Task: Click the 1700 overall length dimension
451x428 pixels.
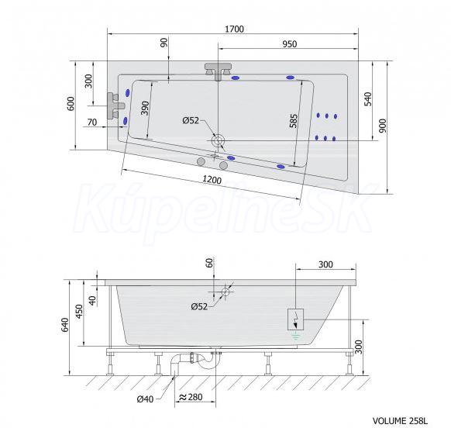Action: [235, 29]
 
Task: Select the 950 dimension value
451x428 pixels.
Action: [289, 44]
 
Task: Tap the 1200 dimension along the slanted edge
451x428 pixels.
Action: [212, 180]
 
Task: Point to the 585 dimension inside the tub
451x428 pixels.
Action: [294, 121]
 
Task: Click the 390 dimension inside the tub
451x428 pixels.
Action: [146, 109]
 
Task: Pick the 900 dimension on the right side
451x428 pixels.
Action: [383, 126]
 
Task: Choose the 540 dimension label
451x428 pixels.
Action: [368, 99]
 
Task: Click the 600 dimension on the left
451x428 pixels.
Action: [71, 104]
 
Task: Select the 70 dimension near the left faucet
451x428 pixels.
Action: [92, 123]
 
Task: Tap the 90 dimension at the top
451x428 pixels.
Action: [164, 43]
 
